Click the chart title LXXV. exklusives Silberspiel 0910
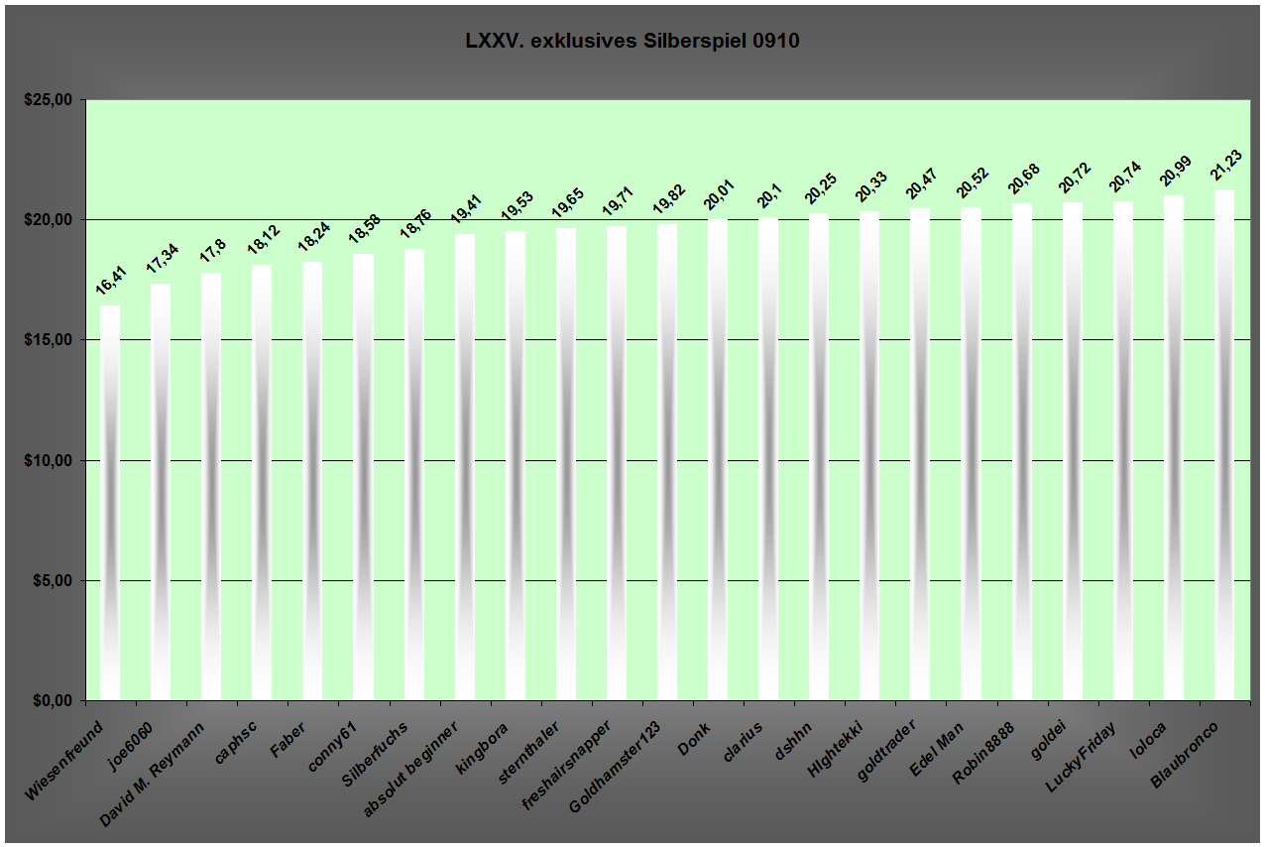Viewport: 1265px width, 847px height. (x=632, y=42)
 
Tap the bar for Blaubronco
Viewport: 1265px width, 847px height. (x=1224, y=445)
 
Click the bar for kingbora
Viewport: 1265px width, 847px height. (x=516, y=465)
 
